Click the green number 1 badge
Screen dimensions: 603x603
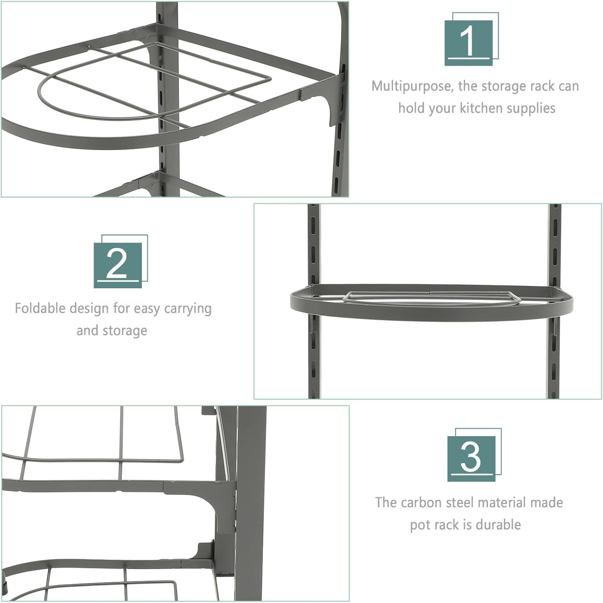click(469, 43)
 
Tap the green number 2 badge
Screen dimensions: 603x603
click(118, 265)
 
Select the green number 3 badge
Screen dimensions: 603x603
click(472, 458)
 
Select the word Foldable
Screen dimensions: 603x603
click(40, 308)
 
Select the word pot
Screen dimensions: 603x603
click(419, 525)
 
